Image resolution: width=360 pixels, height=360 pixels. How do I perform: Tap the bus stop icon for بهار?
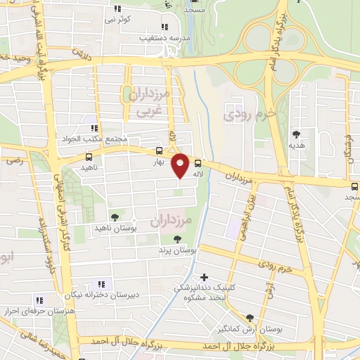click(x=160, y=150)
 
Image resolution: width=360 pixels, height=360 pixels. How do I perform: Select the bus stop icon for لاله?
click(x=198, y=162)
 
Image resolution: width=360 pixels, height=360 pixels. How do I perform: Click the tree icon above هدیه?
click(x=296, y=134)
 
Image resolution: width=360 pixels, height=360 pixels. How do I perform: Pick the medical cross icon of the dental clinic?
click(x=205, y=278)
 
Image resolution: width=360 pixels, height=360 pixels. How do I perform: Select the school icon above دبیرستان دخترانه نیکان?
click(x=101, y=284)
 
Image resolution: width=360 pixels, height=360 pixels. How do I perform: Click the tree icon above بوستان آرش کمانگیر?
click(x=250, y=318)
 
